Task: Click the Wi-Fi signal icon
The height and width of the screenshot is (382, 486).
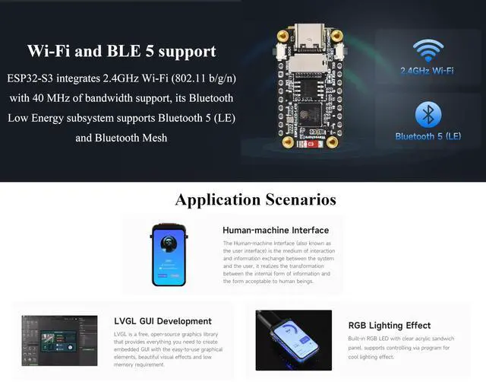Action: pyautogui.click(x=428, y=51)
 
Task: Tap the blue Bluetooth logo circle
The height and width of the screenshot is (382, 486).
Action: pyautogui.click(x=428, y=115)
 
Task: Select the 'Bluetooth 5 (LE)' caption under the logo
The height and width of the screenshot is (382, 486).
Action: pyautogui.click(x=428, y=136)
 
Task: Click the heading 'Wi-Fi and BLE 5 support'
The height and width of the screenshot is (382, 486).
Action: pyautogui.click(x=121, y=52)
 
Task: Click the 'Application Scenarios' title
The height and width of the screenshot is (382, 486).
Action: pyautogui.click(x=255, y=200)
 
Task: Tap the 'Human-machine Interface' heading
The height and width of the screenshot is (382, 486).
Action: pyautogui.click(x=275, y=230)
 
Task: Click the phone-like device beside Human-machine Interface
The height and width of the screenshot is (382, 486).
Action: pyautogui.click(x=169, y=254)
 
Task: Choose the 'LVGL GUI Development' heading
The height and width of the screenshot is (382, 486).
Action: pyautogui.click(x=163, y=321)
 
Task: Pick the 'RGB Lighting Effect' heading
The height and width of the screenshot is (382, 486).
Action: pyautogui.click(x=389, y=325)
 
